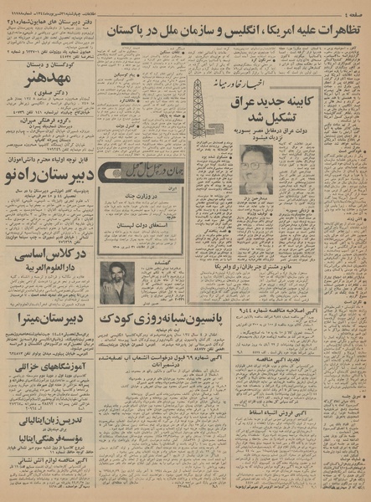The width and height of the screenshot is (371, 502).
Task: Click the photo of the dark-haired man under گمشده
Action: click(117, 282)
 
